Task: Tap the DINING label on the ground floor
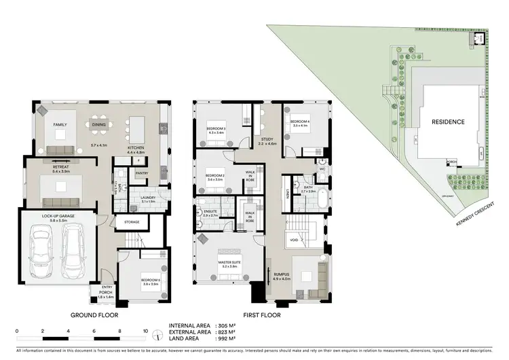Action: [x=99, y=124]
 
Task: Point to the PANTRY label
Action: [x=142, y=173]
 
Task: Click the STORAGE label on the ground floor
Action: [x=132, y=221]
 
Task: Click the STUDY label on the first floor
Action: [x=266, y=139]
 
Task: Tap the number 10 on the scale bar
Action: [x=145, y=331]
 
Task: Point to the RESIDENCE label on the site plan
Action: [x=448, y=122]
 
